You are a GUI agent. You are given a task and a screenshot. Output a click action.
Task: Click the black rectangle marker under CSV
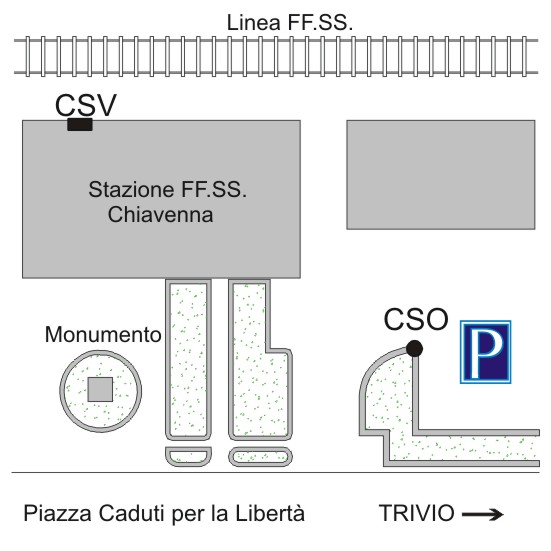pos(80,124)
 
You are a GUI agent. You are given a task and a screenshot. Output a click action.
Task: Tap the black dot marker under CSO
pos(414,348)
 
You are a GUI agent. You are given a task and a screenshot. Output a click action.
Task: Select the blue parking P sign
pos(486,352)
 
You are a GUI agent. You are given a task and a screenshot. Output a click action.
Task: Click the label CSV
pos(86,105)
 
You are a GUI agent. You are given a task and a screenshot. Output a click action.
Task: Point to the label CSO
pos(416,319)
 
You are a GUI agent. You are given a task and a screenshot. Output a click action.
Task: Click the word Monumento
pos(103,334)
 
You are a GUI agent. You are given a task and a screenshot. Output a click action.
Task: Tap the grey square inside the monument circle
pos(100,389)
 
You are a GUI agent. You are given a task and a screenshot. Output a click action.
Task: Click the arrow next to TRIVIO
pos(483,514)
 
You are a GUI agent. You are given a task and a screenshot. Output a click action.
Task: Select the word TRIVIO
pos(416,513)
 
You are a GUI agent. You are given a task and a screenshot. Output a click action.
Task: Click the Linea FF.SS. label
pos(290,23)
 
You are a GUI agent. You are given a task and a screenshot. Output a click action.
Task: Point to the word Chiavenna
pos(160,214)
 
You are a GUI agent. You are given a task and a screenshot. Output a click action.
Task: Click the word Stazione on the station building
pos(131,189)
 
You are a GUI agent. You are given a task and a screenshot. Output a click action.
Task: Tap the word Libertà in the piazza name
pos(270,513)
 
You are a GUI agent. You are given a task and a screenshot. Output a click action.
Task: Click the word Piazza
pos(58,514)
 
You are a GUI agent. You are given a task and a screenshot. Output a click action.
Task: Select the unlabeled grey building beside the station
pos(441,175)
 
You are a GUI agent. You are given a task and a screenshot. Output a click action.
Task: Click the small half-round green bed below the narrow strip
pos(188,456)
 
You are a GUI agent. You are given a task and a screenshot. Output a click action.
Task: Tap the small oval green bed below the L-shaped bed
pos(260,456)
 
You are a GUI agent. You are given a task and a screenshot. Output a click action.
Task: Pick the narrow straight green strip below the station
pos(188,359)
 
